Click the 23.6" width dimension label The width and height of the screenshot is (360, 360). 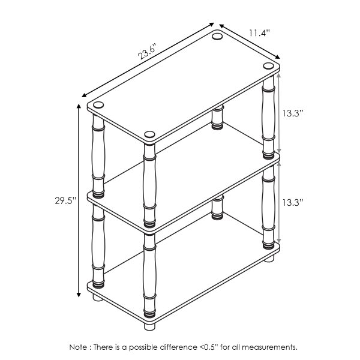148,53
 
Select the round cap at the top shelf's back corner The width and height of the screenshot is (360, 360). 217,38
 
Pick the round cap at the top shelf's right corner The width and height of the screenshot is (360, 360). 268,66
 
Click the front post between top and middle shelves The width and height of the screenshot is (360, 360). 149,183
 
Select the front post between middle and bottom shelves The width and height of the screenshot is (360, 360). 149,273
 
